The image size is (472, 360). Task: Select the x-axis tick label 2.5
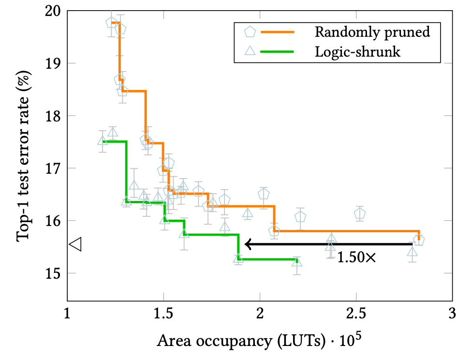(x=356, y=314)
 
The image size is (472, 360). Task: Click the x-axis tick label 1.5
(x=163, y=314)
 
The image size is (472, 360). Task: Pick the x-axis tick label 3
(x=452, y=314)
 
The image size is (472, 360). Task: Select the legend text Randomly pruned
(x=371, y=32)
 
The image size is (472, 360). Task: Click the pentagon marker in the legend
(x=250, y=32)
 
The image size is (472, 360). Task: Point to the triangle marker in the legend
(x=250, y=51)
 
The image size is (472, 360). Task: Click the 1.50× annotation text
(x=356, y=257)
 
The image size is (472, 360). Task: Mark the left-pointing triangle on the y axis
(x=75, y=244)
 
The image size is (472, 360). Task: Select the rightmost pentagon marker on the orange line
(x=419, y=240)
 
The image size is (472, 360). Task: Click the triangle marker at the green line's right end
(x=296, y=262)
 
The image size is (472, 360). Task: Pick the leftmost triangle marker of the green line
(x=102, y=141)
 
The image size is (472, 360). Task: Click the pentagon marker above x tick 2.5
(x=359, y=213)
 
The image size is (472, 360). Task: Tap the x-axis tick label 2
(x=260, y=314)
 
